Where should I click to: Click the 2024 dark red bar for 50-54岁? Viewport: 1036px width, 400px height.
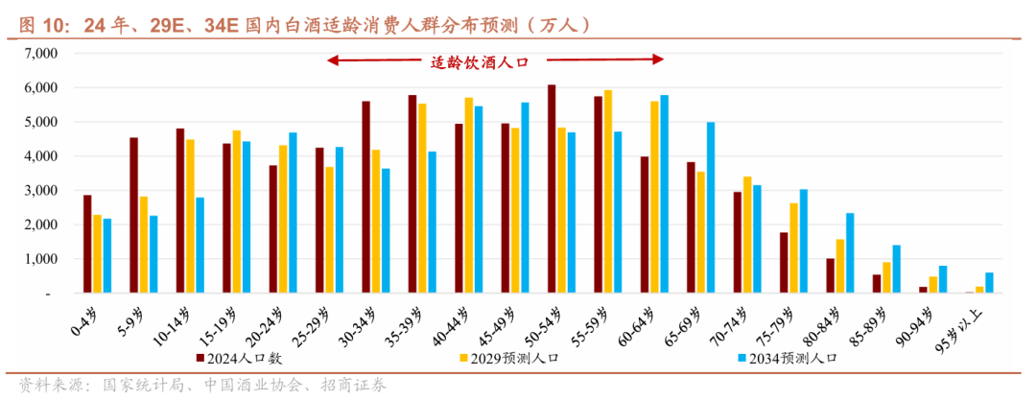click(x=552, y=189)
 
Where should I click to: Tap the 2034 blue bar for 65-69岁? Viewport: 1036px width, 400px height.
click(x=711, y=207)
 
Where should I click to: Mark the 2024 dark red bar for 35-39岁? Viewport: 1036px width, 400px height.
click(x=412, y=194)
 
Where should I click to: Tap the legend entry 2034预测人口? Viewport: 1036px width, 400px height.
click(x=793, y=358)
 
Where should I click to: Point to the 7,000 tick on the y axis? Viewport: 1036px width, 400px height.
click(x=43, y=54)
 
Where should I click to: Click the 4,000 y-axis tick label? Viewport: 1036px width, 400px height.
click(x=43, y=156)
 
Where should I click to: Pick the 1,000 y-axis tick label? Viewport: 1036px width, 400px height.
click(x=43, y=259)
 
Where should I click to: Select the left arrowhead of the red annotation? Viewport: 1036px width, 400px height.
click(x=331, y=60)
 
